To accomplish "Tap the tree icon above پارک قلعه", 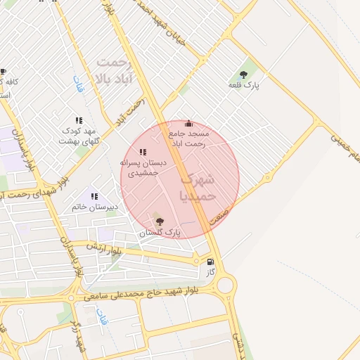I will tap(243, 75).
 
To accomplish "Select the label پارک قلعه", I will tap(244, 85).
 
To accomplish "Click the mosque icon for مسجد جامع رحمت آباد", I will tap(187, 124).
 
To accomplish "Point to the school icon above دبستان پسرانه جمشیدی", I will tap(143, 152).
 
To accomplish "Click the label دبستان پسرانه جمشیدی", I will tap(143, 167).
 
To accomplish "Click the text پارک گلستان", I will tap(160, 232).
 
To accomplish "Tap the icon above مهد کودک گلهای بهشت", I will tap(79, 120).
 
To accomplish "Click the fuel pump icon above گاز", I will tap(210, 262).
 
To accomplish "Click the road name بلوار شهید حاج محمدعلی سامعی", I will tap(141, 295).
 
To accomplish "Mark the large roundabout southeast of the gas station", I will tap(226, 285).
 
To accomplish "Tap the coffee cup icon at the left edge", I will tap(4, 72).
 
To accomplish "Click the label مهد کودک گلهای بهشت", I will tap(80, 136).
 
